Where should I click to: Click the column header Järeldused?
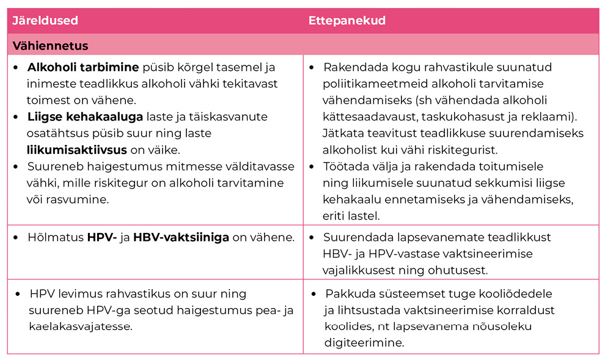[x=45, y=21]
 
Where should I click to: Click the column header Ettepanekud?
[x=346, y=21]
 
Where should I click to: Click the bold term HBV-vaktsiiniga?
[x=181, y=237]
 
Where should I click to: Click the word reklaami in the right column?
[x=552, y=116]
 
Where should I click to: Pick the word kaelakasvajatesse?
[x=80, y=327]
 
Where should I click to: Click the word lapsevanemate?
[x=417, y=237]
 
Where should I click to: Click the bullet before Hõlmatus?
[x=16, y=238]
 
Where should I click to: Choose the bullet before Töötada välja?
[x=312, y=166]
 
